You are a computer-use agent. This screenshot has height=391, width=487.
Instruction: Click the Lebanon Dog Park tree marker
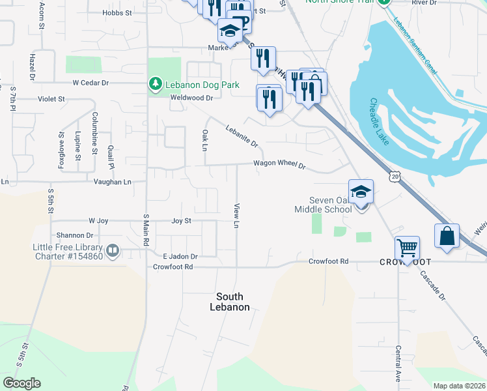pos(155,85)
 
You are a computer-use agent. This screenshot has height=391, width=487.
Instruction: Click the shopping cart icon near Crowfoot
pos(407,248)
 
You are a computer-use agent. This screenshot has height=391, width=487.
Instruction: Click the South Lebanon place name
pos(229,302)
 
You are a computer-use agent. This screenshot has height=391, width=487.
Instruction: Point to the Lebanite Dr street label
pos(242,136)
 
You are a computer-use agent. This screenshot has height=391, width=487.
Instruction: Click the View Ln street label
pos(237,216)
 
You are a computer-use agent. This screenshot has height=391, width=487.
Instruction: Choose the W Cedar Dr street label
pos(90,83)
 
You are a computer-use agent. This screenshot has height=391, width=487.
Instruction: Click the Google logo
pos(21,383)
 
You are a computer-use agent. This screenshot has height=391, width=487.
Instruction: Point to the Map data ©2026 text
pos(459,386)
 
